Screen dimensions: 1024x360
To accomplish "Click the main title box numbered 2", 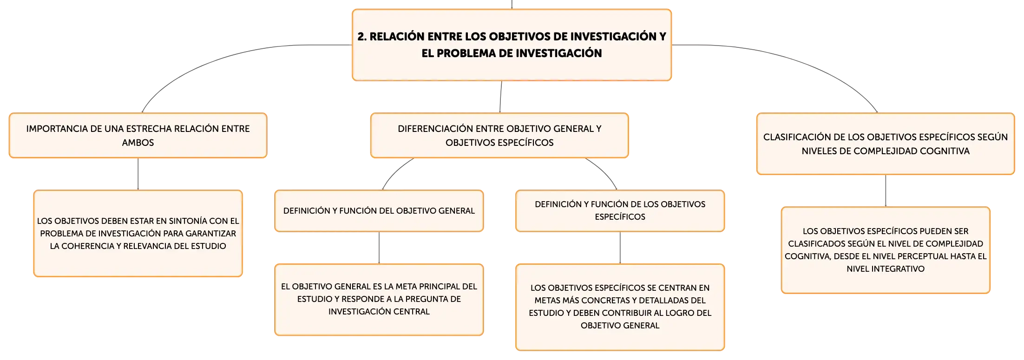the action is (512, 45).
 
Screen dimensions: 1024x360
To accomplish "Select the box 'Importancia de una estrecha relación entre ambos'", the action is (138, 135).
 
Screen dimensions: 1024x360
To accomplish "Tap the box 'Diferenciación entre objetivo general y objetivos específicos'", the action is (499, 135).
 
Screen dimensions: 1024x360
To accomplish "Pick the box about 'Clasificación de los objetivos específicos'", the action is (886, 144).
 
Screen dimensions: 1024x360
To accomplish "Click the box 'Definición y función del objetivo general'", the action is (379, 211).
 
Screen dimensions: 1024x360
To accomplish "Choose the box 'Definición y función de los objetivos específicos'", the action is (620, 211).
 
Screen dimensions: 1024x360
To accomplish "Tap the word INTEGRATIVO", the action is (898, 269).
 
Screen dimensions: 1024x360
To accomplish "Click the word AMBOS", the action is (138, 143).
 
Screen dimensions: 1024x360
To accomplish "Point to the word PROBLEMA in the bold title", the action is (466, 53).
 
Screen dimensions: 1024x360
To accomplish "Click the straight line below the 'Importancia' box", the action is (138, 174).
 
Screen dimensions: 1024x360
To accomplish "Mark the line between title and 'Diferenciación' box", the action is (501, 97).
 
